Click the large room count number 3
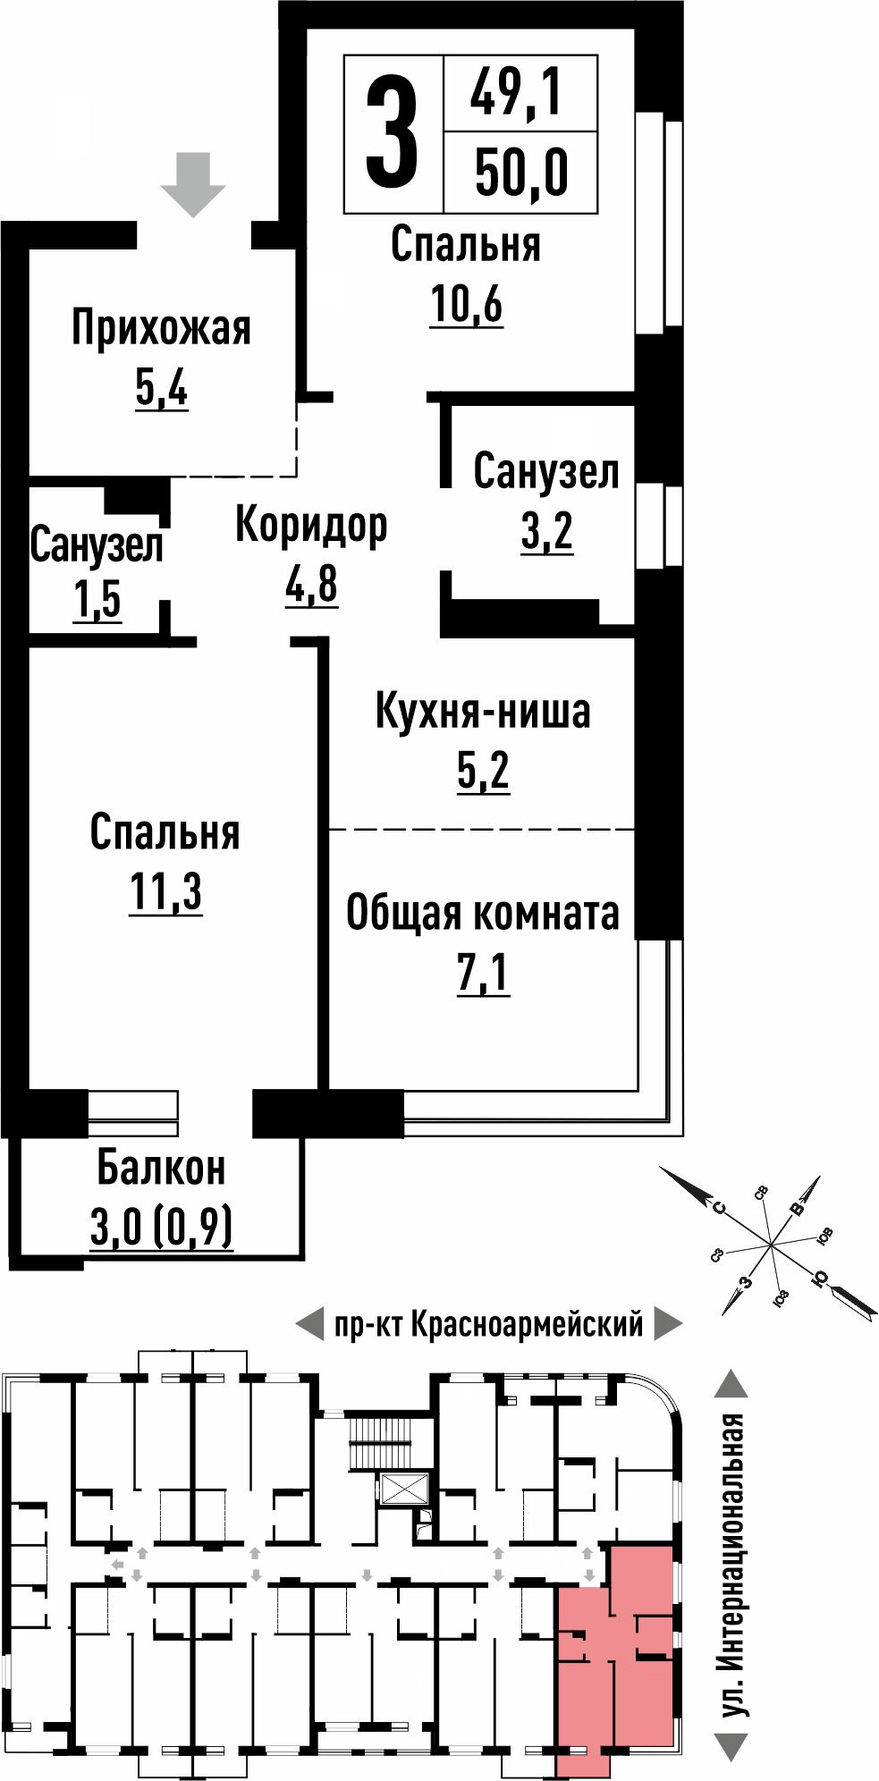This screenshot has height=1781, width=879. pyautogui.click(x=392, y=132)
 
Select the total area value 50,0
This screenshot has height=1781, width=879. pyautogui.click(x=521, y=173)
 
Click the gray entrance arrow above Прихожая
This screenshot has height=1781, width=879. pyautogui.click(x=193, y=184)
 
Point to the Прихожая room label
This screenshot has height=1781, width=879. pyautogui.click(x=162, y=329)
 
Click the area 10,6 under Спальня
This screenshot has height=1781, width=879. pyautogui.click(x=466, y=304)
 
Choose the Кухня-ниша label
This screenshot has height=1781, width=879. pyautogui.click(x=483, y=712)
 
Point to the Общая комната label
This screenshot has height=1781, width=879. pyautogui.click(x=483, y=913)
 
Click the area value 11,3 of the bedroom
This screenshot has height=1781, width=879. pyautogui.click(x=166, y=891)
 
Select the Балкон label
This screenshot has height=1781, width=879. pyautogui.click(x=161, y=1168)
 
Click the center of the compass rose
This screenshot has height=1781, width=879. pyautogui.click(x=770, y=1244)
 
